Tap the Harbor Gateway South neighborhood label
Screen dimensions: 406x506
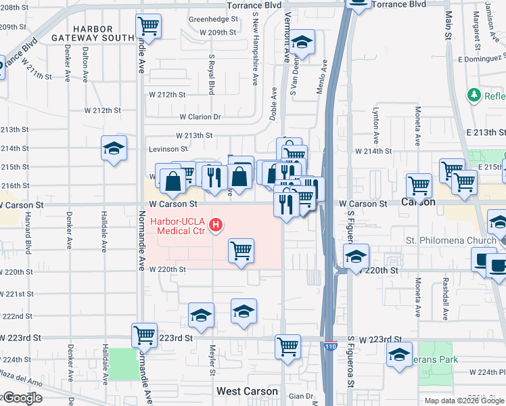[93, 33]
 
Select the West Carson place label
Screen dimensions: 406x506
[247, 391]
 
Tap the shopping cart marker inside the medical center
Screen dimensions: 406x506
[241, 251]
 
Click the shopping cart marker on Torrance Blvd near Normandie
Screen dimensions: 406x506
[148, 27]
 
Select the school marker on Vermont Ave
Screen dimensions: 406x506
[302, 43]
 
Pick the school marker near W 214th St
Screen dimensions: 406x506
[114, 148]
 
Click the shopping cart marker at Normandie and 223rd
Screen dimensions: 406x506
[145, 334]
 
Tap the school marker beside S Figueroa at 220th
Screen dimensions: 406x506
[356, 256]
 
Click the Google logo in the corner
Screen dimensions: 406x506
[22, 398]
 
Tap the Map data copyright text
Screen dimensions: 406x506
[463, 401]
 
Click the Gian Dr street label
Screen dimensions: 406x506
[301, 396]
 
